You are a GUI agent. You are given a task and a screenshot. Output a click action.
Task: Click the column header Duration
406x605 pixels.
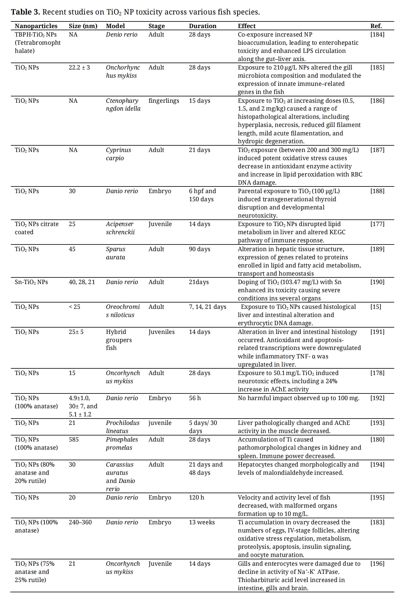pos(203,26)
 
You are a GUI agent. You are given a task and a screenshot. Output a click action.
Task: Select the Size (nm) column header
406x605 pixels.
pos(83,26)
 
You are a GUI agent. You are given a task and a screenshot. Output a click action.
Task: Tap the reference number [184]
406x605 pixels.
pos(377,34)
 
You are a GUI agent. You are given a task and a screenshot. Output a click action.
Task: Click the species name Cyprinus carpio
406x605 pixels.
pos(118,154)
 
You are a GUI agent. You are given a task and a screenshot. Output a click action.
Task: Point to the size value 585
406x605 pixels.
pos(74,439)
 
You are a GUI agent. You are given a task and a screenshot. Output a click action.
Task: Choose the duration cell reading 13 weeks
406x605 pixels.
pos(202,522)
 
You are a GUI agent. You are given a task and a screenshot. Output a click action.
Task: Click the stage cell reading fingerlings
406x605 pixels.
pos(164,101)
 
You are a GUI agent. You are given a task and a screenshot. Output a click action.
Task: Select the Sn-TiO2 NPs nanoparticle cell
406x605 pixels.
pos(31,282)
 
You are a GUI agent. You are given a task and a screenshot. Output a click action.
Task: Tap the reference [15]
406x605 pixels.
pos(376,307)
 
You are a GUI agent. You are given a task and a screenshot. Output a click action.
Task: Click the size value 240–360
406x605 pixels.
pos(80,522)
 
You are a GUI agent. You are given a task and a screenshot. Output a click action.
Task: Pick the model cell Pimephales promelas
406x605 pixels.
pos(122,444)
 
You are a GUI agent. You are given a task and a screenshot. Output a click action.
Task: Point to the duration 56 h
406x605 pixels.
pos(195,398)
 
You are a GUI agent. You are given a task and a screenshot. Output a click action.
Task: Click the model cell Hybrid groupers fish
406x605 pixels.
pos(119,340)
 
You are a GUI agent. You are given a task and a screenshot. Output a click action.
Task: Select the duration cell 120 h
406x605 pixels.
pos(197,497)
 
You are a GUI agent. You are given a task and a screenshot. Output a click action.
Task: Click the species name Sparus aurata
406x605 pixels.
pos(115,253)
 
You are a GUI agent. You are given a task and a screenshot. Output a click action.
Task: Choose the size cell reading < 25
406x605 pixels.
pos(74,307)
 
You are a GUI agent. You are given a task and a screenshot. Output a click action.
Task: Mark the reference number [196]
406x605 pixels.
pos(377,564)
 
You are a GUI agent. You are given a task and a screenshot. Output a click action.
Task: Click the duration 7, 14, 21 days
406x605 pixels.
pos(207,307)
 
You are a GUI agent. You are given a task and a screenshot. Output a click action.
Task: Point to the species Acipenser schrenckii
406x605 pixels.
pos(120,228)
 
